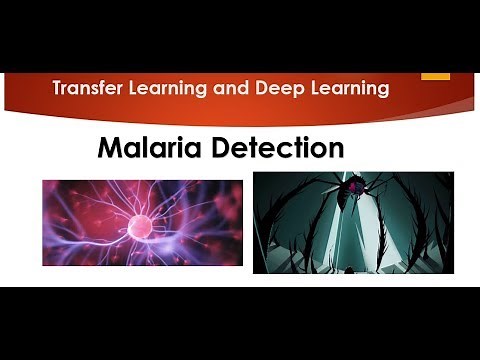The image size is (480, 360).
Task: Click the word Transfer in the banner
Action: tap(89, 89)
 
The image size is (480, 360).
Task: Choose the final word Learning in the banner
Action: tap(350, 89)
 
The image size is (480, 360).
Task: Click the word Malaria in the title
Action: tap(148, 148)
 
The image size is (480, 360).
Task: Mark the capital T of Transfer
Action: tap(58, 89)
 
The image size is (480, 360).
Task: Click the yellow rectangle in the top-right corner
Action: tap(436, 75)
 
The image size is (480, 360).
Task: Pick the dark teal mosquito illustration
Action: tap(352, 222)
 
